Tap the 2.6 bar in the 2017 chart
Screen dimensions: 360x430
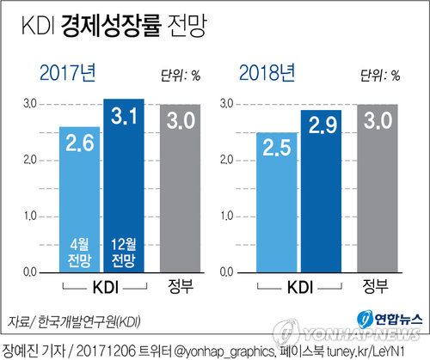pyautogui.click(x=80, y=198)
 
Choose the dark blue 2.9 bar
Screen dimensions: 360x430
pyautogui.click(x=321, y=191)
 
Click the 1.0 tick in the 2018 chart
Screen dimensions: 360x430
pyautogui.click(x=225, y=216)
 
